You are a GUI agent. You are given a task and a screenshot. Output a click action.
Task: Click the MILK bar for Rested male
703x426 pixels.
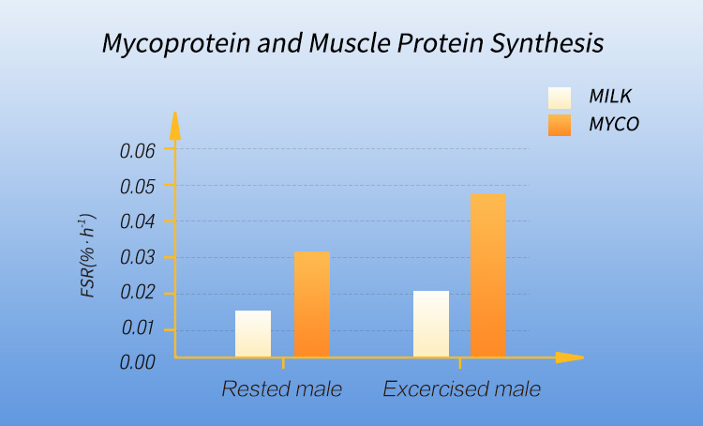coord(253,333)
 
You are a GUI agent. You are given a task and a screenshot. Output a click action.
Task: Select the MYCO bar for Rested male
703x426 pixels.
coord(312,304)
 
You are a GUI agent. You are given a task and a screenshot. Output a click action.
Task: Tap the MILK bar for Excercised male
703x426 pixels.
coord(431,324)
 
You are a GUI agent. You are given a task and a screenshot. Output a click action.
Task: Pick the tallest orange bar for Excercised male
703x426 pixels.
coord(488,275)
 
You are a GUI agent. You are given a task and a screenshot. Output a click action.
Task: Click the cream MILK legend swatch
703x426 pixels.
coord(560,98)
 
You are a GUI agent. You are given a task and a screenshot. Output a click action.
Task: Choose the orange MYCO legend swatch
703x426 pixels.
coord(560,125)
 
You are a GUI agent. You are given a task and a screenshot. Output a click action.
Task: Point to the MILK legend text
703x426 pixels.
coord(610,97)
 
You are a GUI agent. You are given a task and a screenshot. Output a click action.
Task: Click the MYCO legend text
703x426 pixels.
coord(614,125)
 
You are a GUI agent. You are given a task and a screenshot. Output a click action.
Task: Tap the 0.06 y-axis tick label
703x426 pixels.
coord(137,151)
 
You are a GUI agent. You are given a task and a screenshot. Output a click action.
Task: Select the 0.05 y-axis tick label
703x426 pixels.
coord(137,187)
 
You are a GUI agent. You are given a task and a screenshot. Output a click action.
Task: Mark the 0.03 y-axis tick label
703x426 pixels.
coord(137,258)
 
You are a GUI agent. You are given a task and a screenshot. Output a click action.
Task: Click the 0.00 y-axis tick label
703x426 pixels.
coord(137,362)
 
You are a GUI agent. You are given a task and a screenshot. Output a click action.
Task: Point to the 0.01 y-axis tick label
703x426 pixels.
coord(138,328)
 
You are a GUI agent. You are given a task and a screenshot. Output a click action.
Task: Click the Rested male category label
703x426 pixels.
coord(282,388)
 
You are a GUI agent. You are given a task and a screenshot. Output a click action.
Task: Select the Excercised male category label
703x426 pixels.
coord(462,388)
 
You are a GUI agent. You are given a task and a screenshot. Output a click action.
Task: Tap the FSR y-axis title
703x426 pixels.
coord(88,255)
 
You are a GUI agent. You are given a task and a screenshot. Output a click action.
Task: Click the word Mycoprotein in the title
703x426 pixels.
coord(176,44)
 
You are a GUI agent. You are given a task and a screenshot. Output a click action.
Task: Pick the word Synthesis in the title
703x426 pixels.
coord(546,44)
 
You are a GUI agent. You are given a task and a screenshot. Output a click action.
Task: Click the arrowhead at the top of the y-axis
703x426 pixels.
coord(175,126)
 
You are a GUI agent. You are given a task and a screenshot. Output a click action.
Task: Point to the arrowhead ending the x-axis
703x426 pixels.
coord(569,358)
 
